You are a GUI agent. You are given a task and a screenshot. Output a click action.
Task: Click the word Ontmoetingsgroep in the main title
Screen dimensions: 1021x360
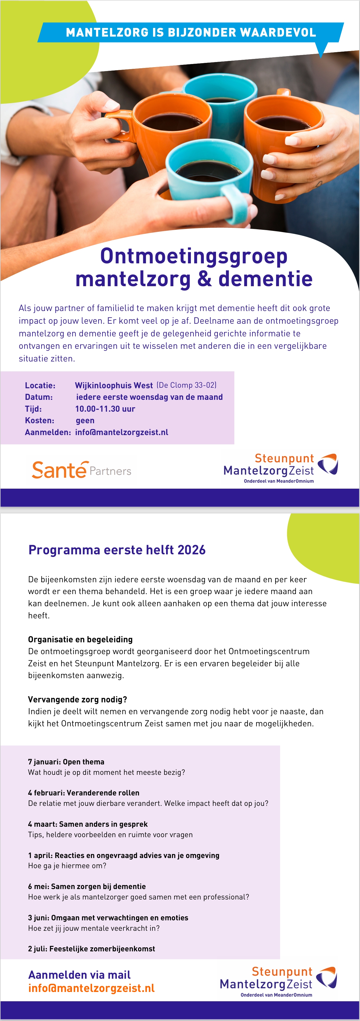pos(194,256)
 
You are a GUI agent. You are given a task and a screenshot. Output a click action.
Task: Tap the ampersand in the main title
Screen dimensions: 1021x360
pos(204,279)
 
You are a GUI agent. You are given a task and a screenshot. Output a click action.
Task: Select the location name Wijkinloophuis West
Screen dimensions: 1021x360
pos(114,385)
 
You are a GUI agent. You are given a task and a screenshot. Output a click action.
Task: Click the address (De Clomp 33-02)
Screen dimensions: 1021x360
pos(186,385)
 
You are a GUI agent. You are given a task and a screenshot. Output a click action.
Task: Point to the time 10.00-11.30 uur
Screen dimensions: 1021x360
pos(105,409)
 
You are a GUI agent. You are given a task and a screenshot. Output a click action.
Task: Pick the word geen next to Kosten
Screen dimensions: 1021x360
pos(85,420)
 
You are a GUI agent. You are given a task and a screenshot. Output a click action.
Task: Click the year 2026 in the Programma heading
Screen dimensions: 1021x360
pos(191,550)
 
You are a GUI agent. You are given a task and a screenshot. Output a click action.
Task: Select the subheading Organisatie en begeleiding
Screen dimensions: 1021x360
pos(80,639)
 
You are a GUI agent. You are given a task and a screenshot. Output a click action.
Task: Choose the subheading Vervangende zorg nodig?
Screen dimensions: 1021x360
pos(77,699)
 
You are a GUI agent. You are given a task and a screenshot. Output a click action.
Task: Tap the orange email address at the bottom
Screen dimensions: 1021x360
pos(91,988)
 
